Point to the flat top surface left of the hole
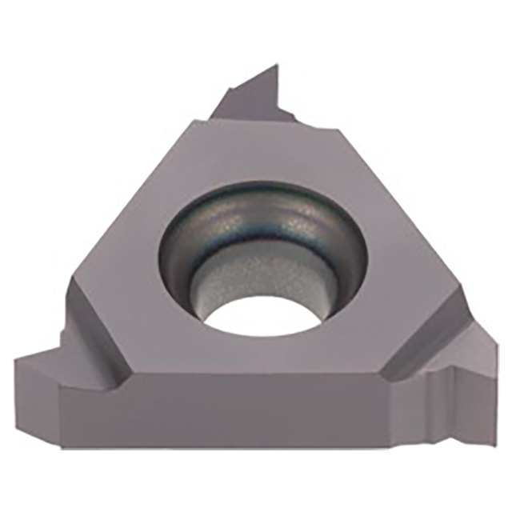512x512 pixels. click(x=128, y=272)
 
